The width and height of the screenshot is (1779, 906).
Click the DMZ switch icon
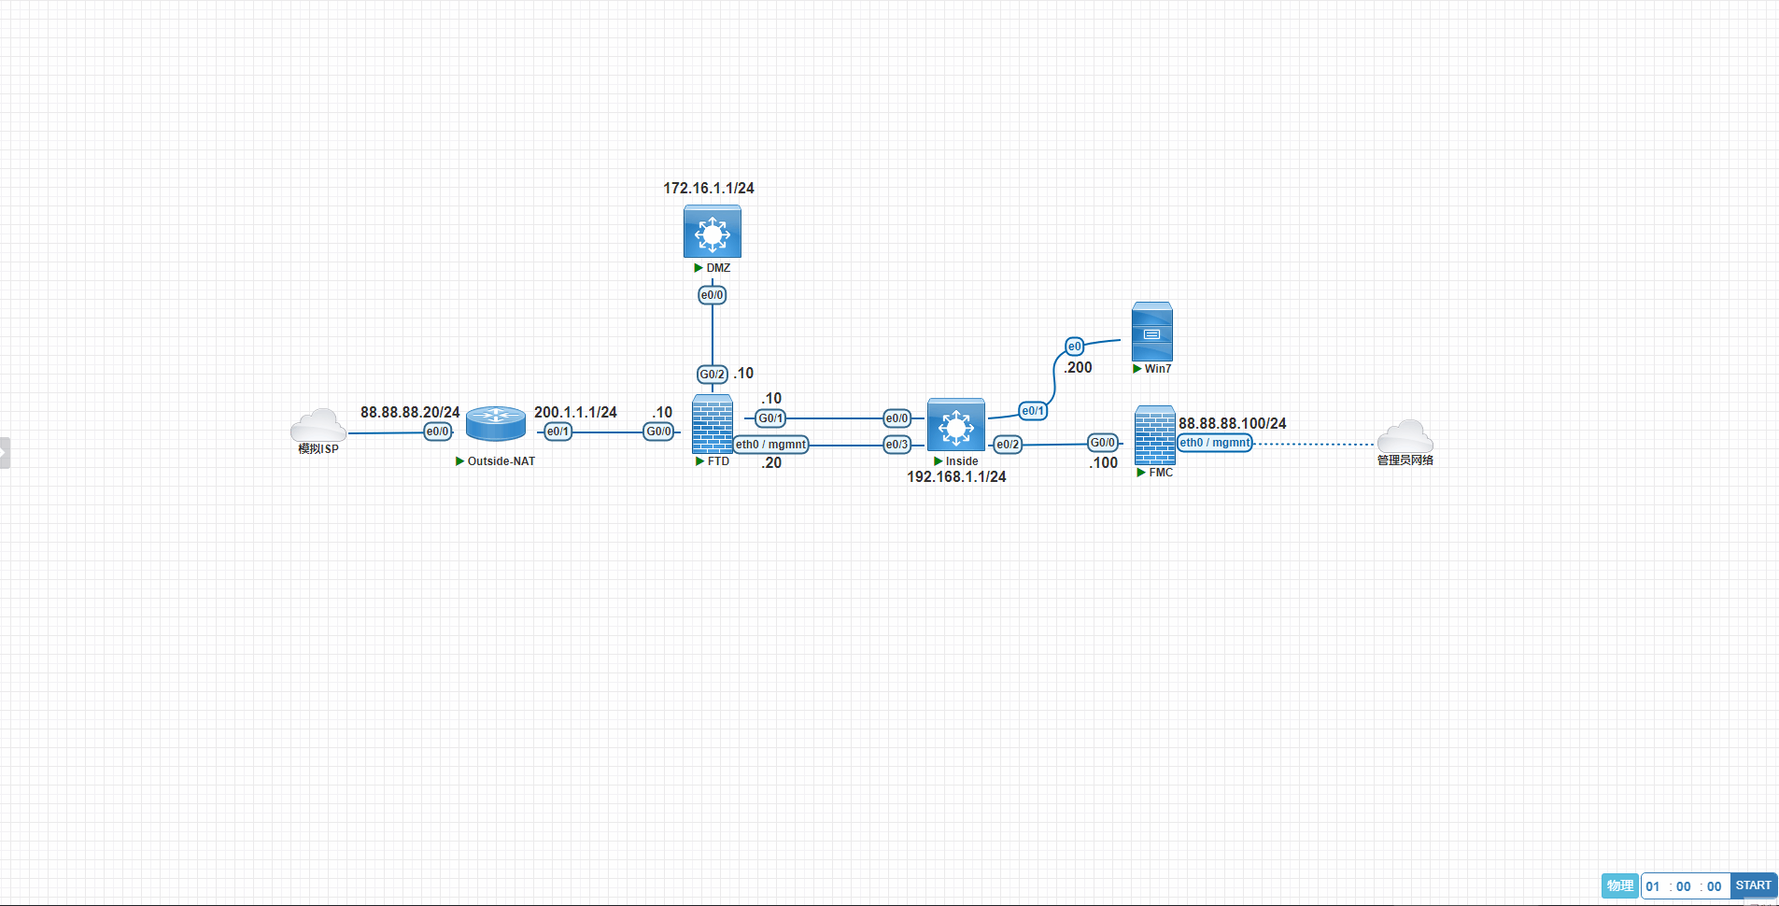(x=712, y=232)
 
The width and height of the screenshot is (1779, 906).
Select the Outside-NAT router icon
(x=496, y=424)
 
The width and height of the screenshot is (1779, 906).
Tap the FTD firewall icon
(x=713, y=425)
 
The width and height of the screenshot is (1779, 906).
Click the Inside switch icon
(x=955, y=426)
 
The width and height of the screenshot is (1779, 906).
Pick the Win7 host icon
(x=1151, y=332)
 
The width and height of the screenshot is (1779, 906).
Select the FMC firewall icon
(x=1154, y=435)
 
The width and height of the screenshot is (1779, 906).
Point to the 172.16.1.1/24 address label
(x=709, y=188)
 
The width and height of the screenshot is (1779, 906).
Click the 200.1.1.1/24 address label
(x=575, y=412)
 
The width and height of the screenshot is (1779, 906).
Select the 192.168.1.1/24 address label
(x=956, y=476)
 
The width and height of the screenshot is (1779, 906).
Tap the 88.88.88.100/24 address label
(x=1232, y=423)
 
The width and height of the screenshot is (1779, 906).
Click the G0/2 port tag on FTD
(x=713, y=375)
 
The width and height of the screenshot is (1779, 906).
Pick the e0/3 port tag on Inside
(x=897, y=445)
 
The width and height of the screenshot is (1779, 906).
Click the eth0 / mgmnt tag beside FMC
(x=1214, y=443)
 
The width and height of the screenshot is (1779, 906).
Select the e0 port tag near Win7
(x=1074, y=347)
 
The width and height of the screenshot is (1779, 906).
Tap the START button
(x=1753, y=885)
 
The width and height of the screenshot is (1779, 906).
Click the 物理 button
(x=1620, y=885)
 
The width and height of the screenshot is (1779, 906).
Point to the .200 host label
(x=1078, y=367)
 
